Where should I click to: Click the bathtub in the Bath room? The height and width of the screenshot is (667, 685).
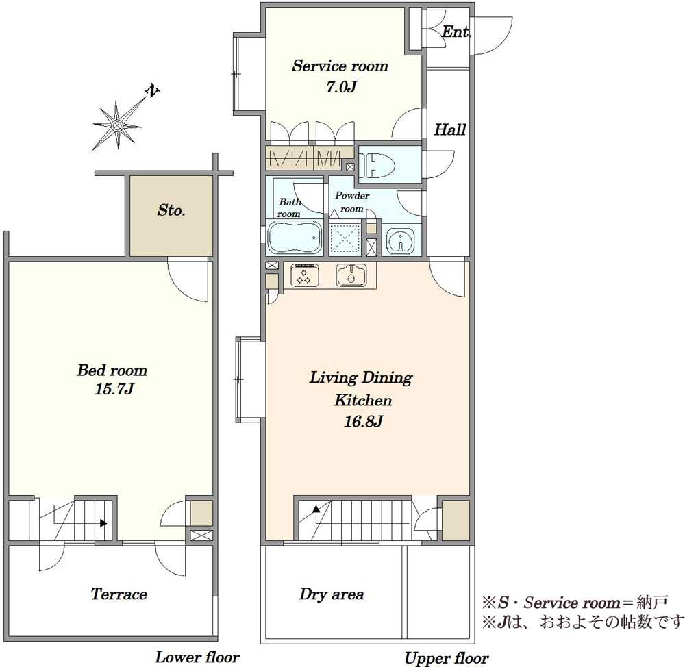pyautogui.click(x=295, y=238)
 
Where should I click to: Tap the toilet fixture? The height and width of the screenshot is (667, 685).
pyautogui.click(x=379, y=164)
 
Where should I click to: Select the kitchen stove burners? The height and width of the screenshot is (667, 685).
pyautogui.click(x=303, y=275)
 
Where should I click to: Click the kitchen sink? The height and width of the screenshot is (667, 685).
pyautogui.click(x=351, y=275)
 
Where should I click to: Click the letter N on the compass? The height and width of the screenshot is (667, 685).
pyautogui.click(x=152, y=91)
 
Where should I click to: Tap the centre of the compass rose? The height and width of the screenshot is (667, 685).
pyautogui.click(x=116, y=126)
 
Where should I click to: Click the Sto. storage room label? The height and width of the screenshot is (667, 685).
pyautogui.click(x=171, y=210)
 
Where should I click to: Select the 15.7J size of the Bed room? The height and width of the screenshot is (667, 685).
pyautogui.click(x=114, y=389)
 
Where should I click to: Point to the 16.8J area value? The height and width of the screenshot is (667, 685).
pyautogui.click(x=364, y=422)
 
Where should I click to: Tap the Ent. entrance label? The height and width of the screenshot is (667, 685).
pyautogui.click(x=456, y=32)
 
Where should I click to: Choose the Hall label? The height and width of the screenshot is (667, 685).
pyautogui.click(x=449, y=129)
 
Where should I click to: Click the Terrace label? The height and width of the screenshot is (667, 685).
pyautogui.click(x=119, y=594)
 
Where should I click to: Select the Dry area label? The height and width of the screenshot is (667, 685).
pyautogui.click(x=332, y=594)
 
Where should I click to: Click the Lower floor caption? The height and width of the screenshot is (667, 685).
pyautogui.click(x=197, y=657)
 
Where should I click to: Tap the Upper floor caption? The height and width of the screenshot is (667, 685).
pyautogui.click(x=447, y=658)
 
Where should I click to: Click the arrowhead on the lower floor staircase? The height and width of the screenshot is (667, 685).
pyautogui.click(x=103, y=523)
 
